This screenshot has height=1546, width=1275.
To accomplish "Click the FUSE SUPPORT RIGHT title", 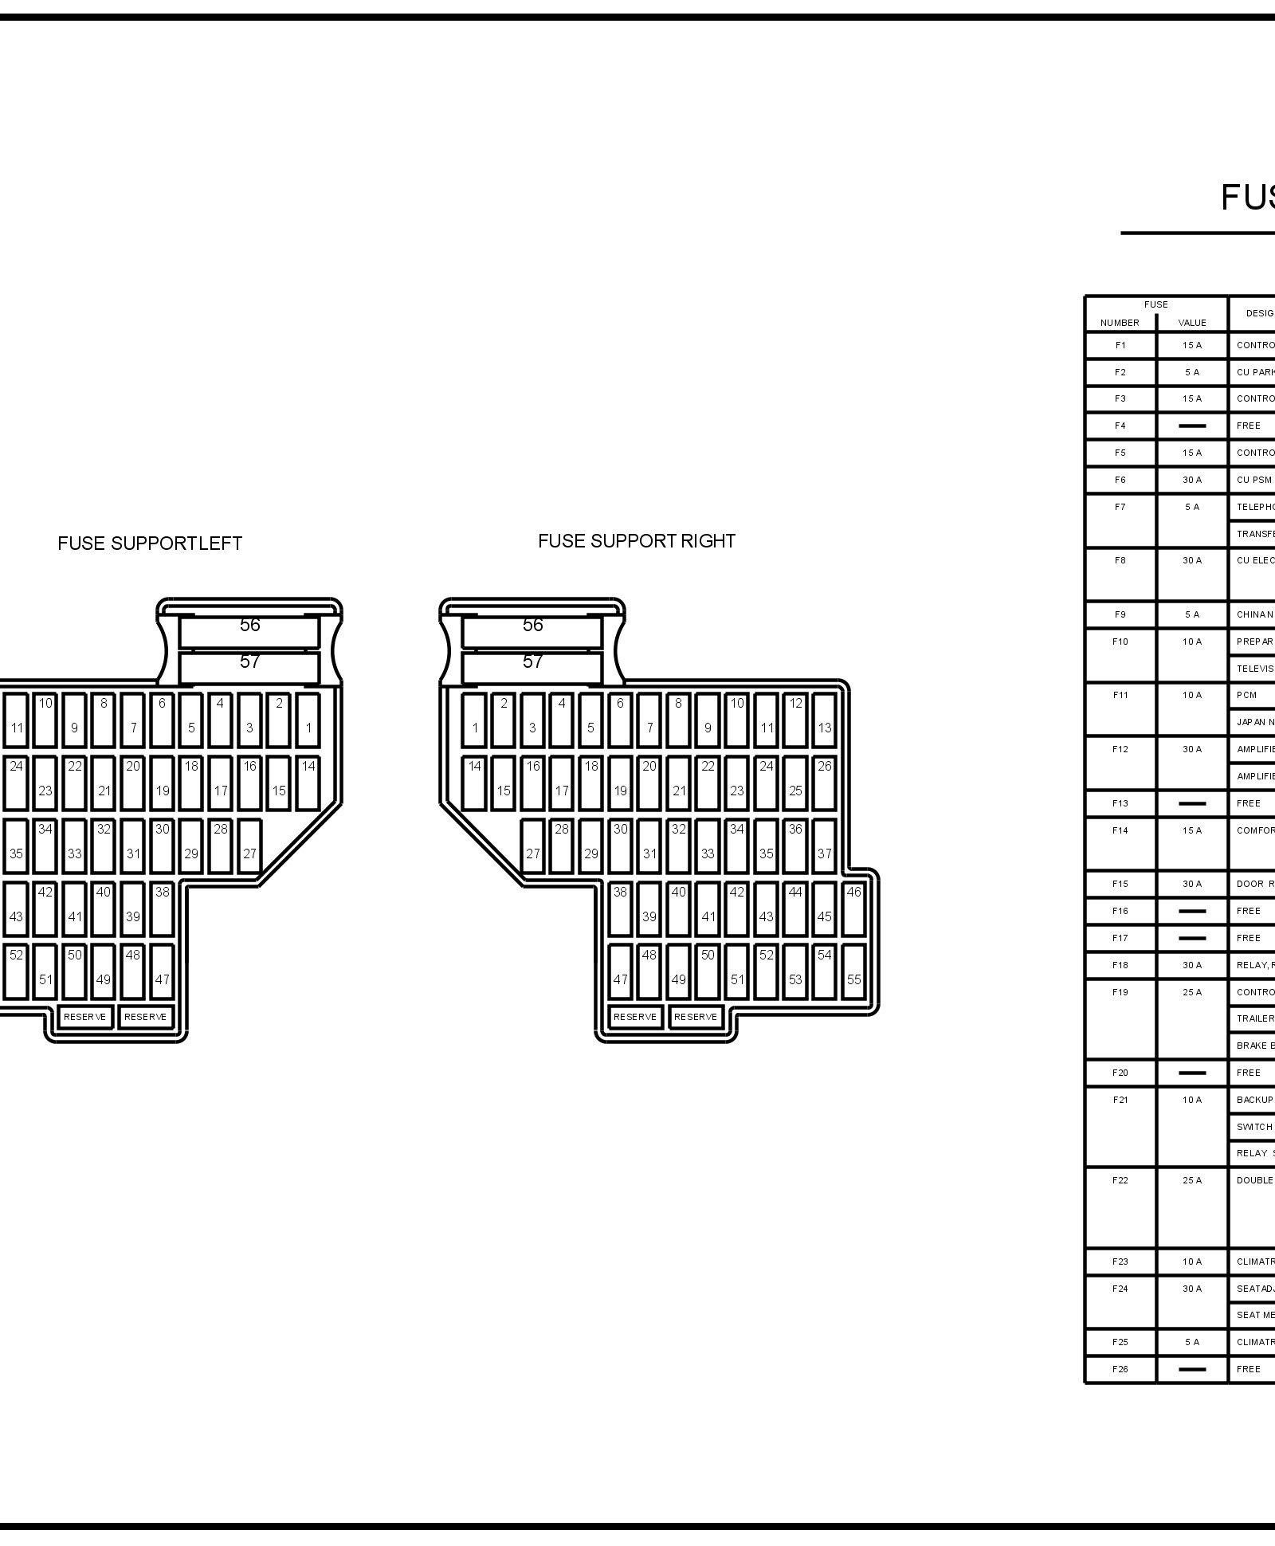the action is click(636, 541).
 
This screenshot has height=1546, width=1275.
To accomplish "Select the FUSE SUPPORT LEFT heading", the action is click(150, 543).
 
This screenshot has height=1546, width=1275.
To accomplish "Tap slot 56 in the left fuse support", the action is click(249, 625).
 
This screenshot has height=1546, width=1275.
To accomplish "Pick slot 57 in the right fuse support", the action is click(532, 661).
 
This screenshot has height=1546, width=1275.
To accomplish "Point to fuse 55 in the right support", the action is click(853, 971).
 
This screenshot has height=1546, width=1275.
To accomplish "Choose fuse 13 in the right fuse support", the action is click(824, 720).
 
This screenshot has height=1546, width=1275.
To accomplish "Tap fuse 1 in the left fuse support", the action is click(308, 720).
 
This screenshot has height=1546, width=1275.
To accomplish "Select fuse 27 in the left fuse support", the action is click(249, 846).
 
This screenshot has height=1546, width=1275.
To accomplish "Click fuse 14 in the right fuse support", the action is click(474, 783).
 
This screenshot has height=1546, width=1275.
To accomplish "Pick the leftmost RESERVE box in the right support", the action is click(635, 1017).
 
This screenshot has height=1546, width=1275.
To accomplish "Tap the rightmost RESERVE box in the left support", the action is click(146, 1017).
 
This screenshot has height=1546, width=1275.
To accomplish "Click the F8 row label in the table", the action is click(1120, 560).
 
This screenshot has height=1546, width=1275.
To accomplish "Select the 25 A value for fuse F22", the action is click(1191, 1180).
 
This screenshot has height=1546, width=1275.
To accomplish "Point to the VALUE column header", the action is click(1191, 323).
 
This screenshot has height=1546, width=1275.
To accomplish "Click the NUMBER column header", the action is click(1120, 323).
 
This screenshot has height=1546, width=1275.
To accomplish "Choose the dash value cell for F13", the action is click(1191, 803).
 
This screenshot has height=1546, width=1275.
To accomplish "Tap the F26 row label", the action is click(1120, 1369).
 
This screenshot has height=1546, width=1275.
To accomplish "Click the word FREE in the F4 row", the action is click(1248, 426).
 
